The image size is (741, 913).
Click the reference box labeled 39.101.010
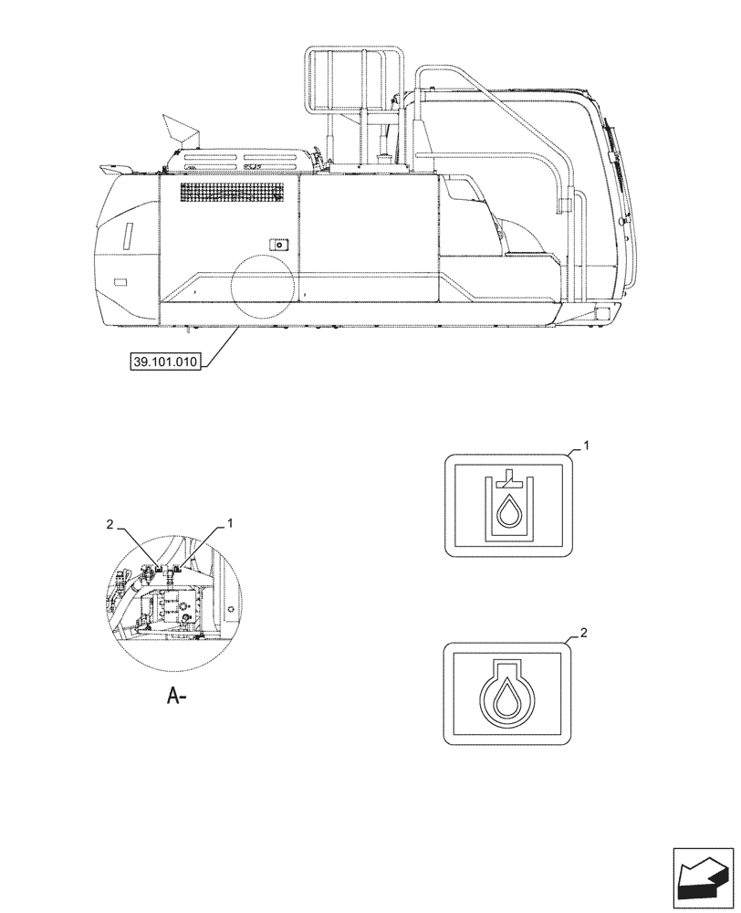pos(163,360)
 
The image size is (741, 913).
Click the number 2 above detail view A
pos(110,525)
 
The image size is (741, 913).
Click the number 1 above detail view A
pos(230,523)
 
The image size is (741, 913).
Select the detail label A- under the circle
pos(177,698)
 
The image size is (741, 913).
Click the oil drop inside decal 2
pos(506,701)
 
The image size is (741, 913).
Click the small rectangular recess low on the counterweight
pos(120,282)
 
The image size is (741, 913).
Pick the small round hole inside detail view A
pos(232,609)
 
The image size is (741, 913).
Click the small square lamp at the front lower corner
pos(601,313)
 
